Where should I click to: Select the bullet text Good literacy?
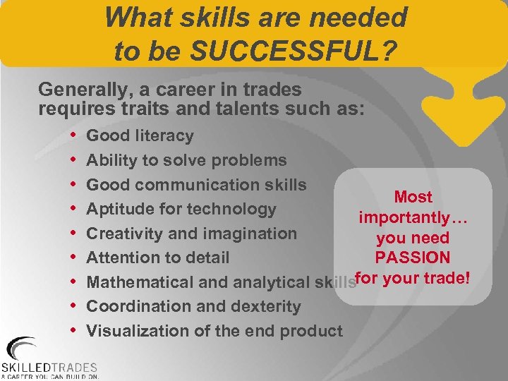pyautogui.click(x=140, y=135)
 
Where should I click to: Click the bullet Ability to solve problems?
pyautogui.click(x=186, y=160)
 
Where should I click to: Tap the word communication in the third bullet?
pyautogui.click(x=211, y=185)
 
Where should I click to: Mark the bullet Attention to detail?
pyautogui.click(x=157, y=258)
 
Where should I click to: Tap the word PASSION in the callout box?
pyautogui.click(x=413, y=258)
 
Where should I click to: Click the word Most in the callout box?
pyautogui.click(x=413, y=197)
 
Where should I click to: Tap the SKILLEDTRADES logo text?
pyautogui.click(x=49, y=367)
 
